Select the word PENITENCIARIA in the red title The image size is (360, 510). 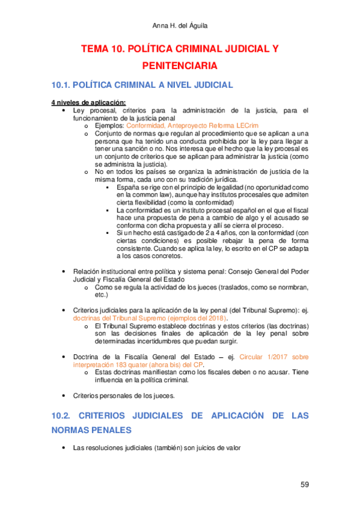(180, 65)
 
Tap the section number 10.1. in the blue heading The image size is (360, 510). (62, 85)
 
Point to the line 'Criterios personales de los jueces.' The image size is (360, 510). (124, 395)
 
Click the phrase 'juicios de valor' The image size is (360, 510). (218, 448)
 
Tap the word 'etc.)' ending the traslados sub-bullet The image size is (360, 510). (102, 295)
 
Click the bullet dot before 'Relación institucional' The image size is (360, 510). (64, 272)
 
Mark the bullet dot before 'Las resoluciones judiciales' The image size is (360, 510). (64, 449)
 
